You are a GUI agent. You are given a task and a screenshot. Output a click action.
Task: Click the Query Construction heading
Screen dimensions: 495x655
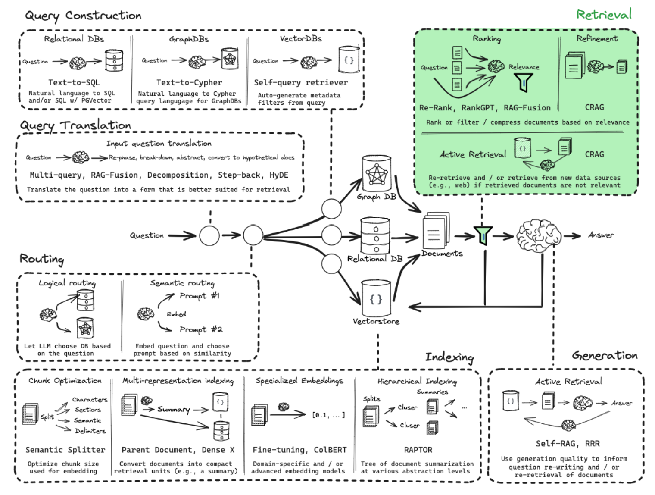[83, 16]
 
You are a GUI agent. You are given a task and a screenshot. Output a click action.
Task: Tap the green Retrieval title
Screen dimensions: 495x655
[604, 15]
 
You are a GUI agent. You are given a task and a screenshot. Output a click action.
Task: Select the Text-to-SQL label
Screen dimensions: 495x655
[74, 82]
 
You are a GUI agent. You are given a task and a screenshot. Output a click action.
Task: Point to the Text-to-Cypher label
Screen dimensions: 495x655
[189, 82]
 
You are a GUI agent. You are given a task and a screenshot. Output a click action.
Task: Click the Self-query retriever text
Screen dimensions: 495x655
[300, 82]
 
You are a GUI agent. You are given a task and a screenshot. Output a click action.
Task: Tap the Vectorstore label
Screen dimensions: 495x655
[376, 321]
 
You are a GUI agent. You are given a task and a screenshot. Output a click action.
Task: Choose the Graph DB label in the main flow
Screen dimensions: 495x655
[376, 197]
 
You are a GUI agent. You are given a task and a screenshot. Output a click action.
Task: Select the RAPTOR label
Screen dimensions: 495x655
[418, 450]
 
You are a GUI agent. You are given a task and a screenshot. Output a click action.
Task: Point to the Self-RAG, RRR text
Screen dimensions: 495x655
[568, 444]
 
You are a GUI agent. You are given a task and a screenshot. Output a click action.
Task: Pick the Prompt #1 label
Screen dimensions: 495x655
[199, 296]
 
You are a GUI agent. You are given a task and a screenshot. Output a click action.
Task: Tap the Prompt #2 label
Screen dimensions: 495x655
[201, 329]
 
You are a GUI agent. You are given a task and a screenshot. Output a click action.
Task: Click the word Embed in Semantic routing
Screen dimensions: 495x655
[176, 314]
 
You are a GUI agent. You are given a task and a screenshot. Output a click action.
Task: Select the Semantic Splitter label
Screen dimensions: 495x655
[65, 450]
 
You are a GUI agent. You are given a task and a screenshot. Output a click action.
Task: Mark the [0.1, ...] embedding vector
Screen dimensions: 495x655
[328, 415]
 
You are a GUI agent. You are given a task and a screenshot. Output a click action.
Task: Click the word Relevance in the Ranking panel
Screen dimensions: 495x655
[524, 67]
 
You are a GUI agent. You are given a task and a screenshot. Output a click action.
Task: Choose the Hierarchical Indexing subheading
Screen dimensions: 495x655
[417, 381]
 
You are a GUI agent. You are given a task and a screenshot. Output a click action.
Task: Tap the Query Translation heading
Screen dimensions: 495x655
[75, 125]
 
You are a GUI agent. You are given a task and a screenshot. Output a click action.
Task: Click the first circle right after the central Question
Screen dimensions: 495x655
[209, 235]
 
